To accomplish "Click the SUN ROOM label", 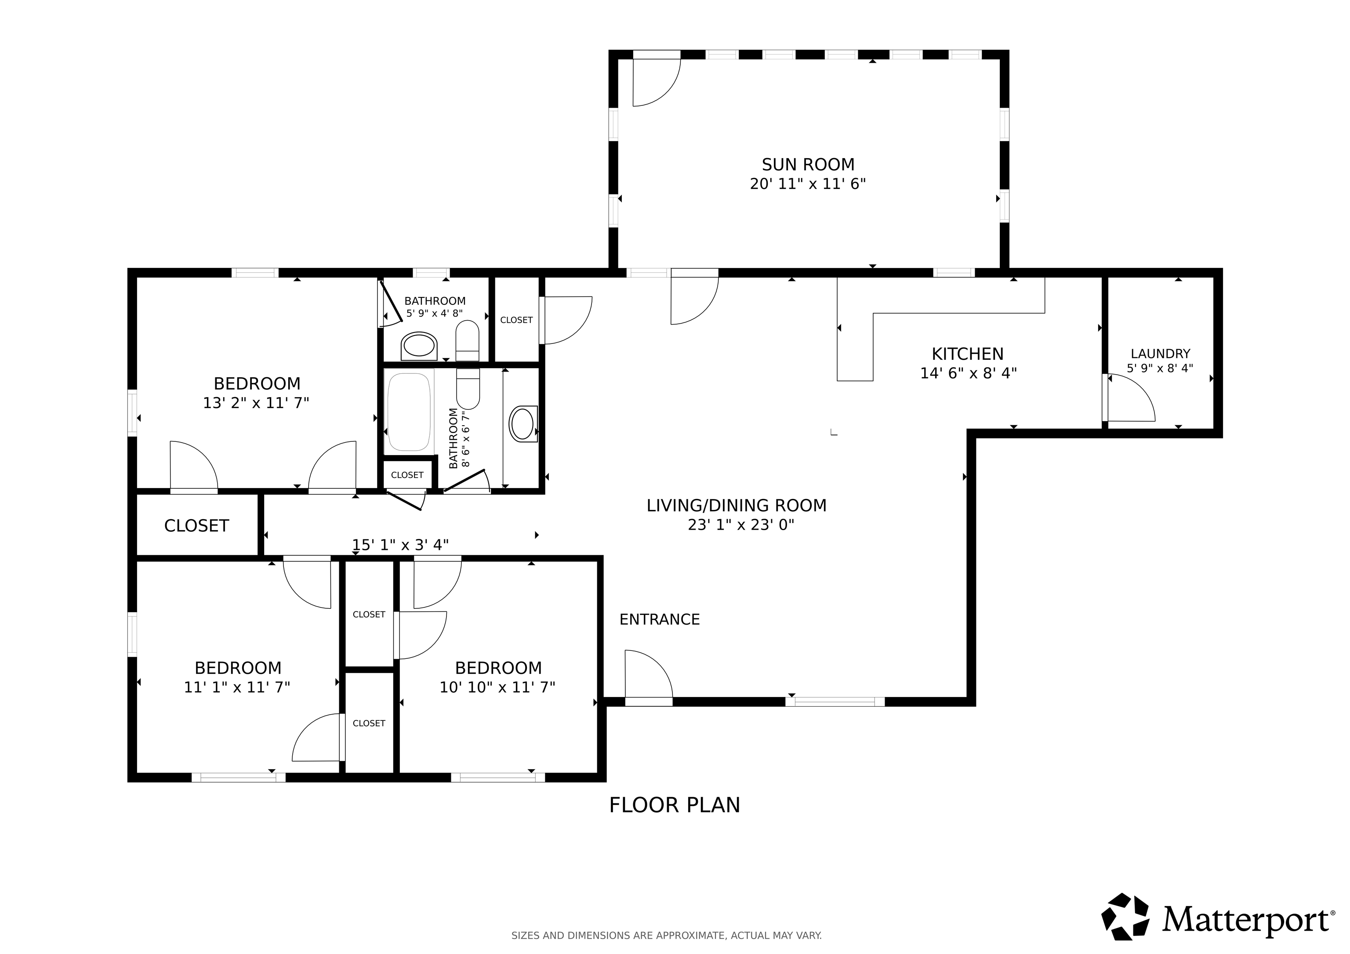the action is pos(808,165).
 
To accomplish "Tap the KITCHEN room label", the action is pos(968,354).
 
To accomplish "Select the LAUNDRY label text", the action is pos(1160,354).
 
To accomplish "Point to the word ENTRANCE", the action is pos(660,620).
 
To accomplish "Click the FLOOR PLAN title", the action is pos(675,805).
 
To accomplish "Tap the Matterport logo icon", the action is pos(1125,917).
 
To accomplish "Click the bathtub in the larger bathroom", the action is pos(409,412).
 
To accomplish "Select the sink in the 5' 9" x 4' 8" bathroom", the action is pos(419,346).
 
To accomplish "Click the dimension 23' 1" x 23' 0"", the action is pos(741,525).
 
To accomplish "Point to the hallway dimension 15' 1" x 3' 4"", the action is pos(400,545).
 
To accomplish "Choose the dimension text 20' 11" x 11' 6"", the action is pos(808,184).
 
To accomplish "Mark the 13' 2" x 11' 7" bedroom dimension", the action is pos(256,403).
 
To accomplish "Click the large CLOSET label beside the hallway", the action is pos(196,525).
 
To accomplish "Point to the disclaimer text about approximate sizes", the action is pos(667,935).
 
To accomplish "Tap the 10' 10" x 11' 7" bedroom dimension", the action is pos(497,687).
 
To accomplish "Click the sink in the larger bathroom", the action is pos(522,424).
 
